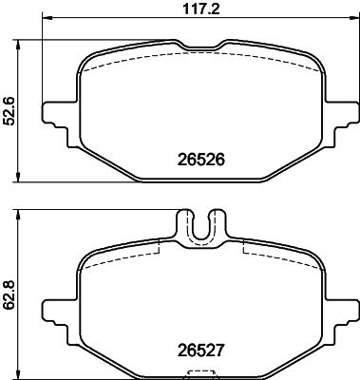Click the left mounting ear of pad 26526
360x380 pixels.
tap(57, 112)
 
